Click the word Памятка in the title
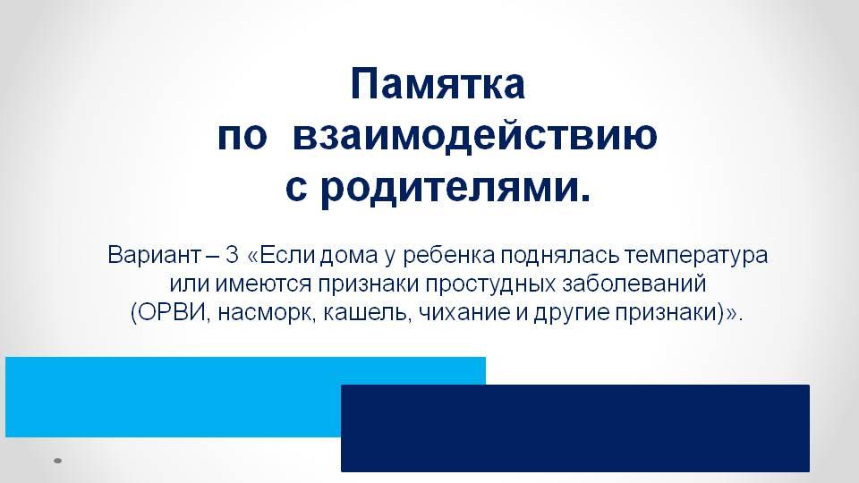(438, 84)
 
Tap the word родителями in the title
(449, 188)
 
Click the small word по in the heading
(242, 137)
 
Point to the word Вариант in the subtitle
(154, 255)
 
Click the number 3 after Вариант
(233, 255)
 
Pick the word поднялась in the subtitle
(559, 255)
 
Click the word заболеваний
(634, 284)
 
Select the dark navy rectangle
(575, 428)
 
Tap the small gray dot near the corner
(57, 462)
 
